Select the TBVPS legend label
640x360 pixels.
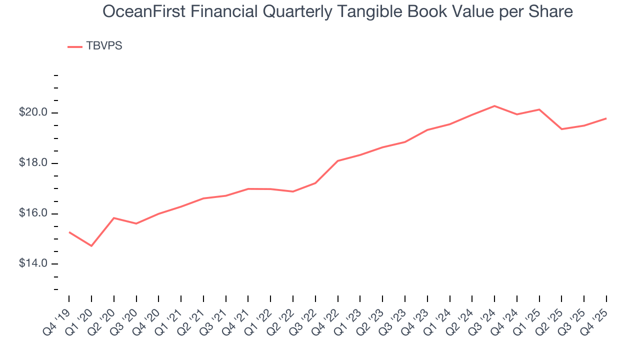[x=104, y=46]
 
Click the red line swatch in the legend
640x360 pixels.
[x=75, y=46]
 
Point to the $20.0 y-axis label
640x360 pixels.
[x=33, y=112]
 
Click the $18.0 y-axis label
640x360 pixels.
[x=33, y=163]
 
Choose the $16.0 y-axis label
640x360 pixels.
[x=33, y=213]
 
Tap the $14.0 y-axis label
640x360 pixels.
[x=33, y=263]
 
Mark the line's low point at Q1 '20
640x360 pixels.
[x=91, y=246]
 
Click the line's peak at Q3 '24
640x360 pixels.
[x=494, y=106]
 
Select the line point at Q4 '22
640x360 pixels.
[x=338, y=161]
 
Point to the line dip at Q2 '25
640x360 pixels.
[x=561, y=129]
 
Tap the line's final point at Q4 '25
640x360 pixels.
[x=606, y=118]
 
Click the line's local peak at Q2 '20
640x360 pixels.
[x=114, y=218]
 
